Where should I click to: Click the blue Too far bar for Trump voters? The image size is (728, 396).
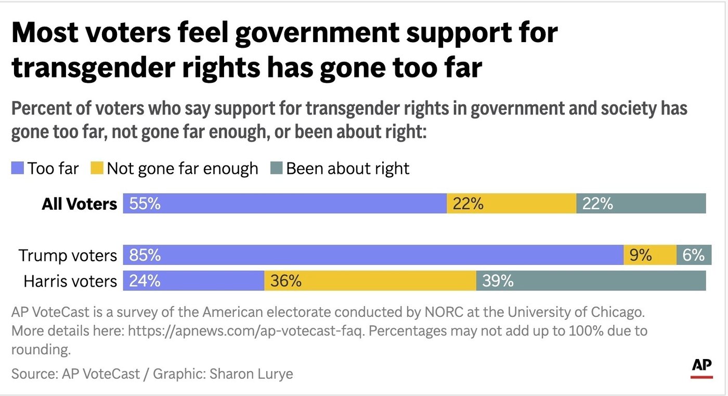(x=373, y=255)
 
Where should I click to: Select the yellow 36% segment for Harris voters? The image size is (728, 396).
(x=370, y=280)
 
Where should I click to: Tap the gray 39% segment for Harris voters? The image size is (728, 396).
(x=591, y=280)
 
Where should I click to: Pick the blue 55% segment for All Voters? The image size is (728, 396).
(x=284, y=203)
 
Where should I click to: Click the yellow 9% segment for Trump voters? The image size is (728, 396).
(x=649, y=255)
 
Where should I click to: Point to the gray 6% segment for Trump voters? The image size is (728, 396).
(x=694, y=255)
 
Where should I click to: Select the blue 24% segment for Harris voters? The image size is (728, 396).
(x=193, y=280)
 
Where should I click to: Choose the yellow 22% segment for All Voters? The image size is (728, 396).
(x=511, y=203)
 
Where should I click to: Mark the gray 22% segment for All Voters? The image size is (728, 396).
(x=641, y=203)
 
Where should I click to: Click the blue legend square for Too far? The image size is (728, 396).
(x=18, y=169)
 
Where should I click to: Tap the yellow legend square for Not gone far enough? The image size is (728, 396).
(x=97, y=169)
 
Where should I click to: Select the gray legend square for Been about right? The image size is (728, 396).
(x=276, y=169)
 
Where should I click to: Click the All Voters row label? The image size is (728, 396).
(x=79, y=204)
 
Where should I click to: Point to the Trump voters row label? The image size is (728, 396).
(x=68, y=256)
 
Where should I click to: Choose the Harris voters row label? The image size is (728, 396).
(x=70, y=281)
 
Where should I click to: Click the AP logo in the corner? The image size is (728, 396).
(x=701, y=367)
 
